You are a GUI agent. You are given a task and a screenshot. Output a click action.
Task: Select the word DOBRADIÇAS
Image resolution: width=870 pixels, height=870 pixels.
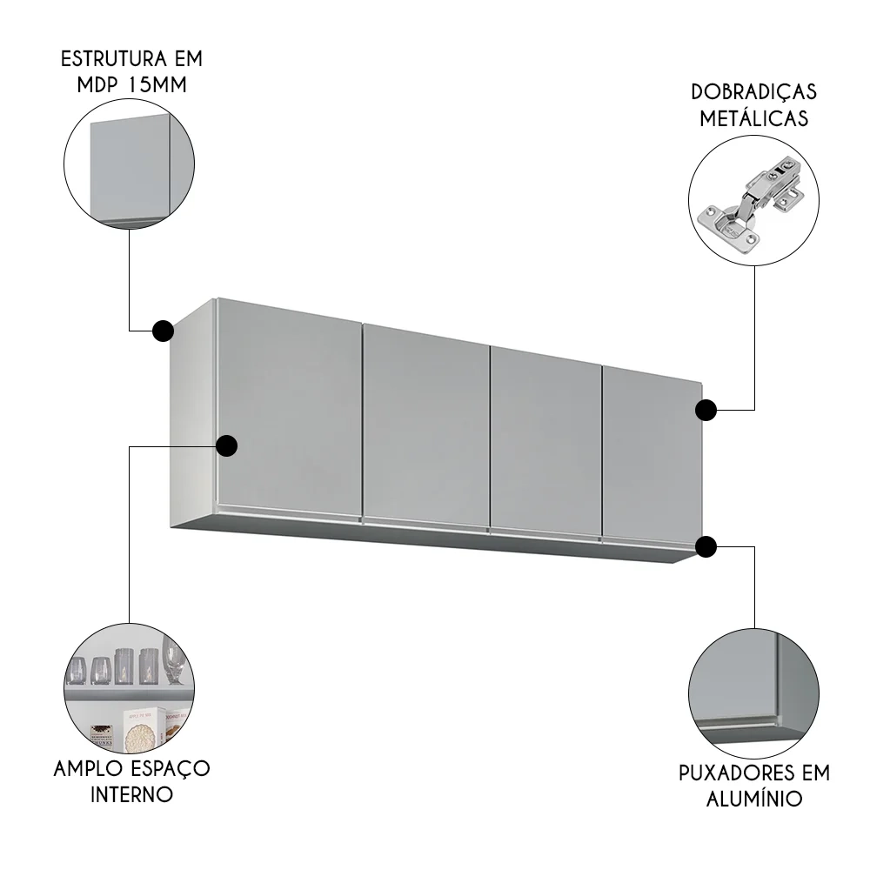[753, 92]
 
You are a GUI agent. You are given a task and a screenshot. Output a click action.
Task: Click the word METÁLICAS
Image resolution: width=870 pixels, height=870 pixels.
[753, 120]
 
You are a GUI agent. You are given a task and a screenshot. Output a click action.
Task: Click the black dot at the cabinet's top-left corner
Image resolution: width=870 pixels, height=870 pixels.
[162, 331]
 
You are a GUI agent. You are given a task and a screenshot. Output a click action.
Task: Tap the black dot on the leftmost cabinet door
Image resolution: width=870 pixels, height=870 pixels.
[226, 445]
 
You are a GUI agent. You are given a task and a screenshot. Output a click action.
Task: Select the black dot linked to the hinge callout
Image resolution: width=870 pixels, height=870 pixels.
[706, 409]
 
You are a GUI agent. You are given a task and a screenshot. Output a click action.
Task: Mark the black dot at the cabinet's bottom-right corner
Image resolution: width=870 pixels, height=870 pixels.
[706, 546]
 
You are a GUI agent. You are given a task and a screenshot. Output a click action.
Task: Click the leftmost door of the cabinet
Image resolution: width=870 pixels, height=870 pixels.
[287, 409]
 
